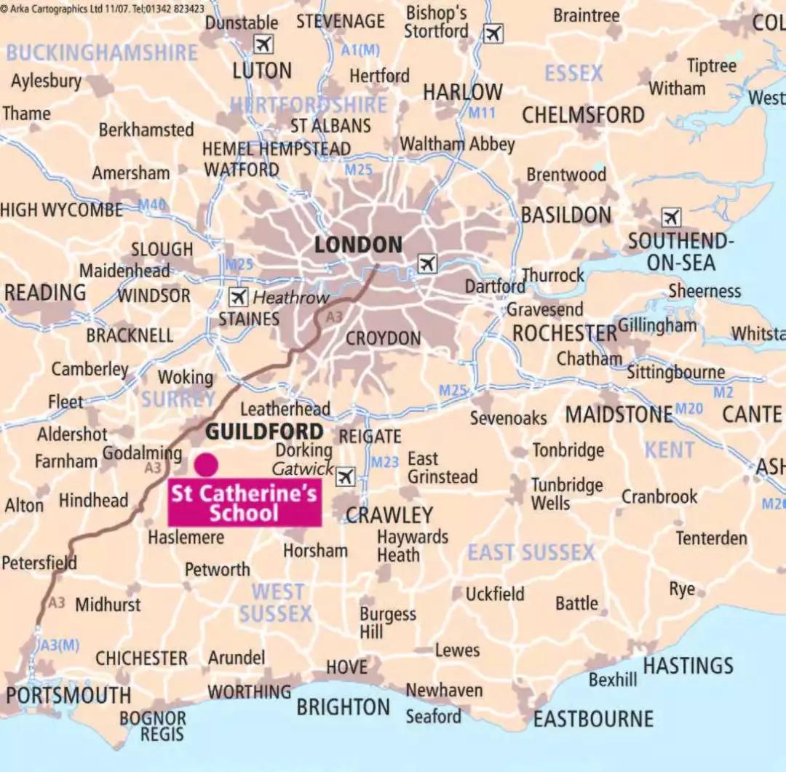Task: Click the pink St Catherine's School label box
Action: click(x=245, y=503)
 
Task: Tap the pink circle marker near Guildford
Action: click(x=206, y=464)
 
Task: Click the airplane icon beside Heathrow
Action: click(x=238, y=297)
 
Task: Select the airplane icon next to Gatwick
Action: click(x=346, y=477)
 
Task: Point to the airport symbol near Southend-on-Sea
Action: click(x=671, y=217)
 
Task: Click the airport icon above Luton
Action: click(x=263, y=44)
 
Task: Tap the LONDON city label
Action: click(x=358, y=245)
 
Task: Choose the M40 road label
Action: click(x=152, y=205)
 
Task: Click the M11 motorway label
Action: click(x=481, y=113)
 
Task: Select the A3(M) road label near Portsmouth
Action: click(x=60, y=645)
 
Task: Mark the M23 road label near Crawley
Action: click(x=385, y=462)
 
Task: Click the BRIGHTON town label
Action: click(x=344, y=707)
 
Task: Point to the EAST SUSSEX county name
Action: click(x=531, y=553)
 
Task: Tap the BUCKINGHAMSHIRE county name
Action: click(x=102, y=52)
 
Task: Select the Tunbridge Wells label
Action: click(x=566, y=494)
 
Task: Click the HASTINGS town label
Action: click(x=688, y=666)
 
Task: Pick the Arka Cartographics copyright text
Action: click(x=102, y=8)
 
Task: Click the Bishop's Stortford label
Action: click(x=437, y=22)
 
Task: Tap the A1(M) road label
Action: click(x=360, y=50)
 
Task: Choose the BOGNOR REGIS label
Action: click(x=153, y=725)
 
